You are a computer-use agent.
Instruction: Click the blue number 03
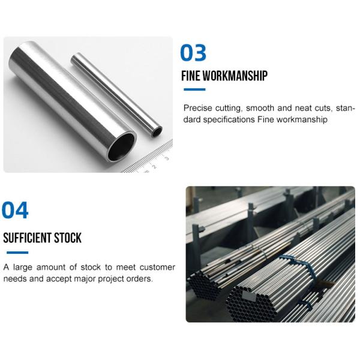pyautogui.click(x=193, y=53)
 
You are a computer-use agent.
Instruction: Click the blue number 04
pyautogui.click(x=15, y=210)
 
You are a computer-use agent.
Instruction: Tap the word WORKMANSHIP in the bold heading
pyautogui.click(x=235, y=76)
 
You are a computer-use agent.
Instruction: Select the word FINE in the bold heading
pyautogui.click(x=191, y=76)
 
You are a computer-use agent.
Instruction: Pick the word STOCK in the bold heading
pyautogui.click(x=69, y=238)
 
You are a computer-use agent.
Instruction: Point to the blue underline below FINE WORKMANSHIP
pyautogui.click(x=193, y=89)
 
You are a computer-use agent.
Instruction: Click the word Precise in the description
pyautogui.click(x=197, y=108)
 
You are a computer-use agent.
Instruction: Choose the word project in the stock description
pyautogui.click(x=112, y=278)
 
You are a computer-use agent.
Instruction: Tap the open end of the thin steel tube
pyautogui.click(x=157, y=130)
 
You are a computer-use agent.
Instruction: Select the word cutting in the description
pyautogui.click(x=230, y=108)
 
